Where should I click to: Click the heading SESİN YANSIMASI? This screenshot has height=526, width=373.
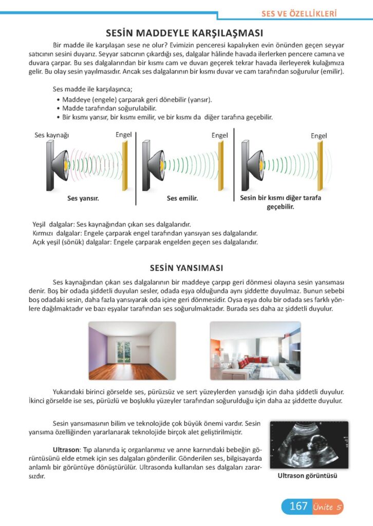pos(186,268)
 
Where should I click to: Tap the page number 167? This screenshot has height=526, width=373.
pos(298,506)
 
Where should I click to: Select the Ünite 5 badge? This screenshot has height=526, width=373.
pos(327,507)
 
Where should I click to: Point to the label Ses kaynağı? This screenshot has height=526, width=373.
pos(51,135)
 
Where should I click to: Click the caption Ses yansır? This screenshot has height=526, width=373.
pos(83,197)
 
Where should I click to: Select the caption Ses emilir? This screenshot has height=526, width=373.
pos(182,198)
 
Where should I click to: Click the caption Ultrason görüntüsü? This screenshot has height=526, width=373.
pos(307,476)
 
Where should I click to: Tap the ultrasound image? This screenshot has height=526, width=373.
pos(307,445)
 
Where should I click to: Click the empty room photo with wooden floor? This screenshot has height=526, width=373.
pos(132,351)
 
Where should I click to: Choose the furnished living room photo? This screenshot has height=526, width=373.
pos(255,351)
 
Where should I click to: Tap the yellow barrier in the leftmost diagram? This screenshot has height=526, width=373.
pos(124,164)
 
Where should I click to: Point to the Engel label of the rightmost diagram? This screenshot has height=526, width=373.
pos(319,136)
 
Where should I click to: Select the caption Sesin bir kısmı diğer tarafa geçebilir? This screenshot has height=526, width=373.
pos(280,202)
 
